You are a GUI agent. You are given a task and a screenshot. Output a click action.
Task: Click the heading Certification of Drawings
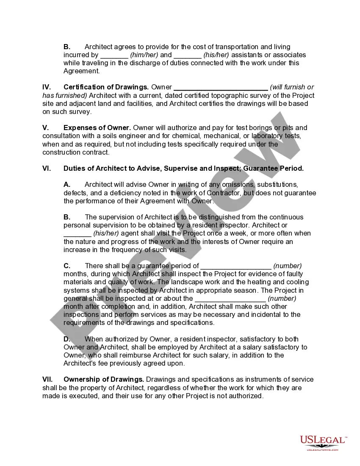[x=106, y=87]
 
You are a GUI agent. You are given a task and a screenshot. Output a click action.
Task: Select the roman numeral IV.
[x=47, y=87]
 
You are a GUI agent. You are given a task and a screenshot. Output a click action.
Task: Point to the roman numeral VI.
[x=47, y=169]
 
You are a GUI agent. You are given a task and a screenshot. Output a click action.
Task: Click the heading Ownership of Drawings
[x=104, y=380]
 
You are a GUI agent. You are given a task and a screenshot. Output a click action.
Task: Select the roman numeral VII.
[x=47, y=380]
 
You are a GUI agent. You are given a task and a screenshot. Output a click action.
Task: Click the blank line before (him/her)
[x=114, y=55]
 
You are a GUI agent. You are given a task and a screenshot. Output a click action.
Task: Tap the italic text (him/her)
[x=144, y=55]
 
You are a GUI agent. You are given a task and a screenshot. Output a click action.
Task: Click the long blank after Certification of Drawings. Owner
[x=221, y=88]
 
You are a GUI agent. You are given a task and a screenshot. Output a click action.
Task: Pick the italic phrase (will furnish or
[x=292, y=87]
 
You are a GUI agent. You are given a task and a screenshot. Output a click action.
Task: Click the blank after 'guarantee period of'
[x=235, y=266]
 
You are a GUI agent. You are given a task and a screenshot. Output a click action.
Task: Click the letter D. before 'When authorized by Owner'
[x=67, y=339]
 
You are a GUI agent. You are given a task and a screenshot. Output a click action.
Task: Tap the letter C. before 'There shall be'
[x=67, y=266]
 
